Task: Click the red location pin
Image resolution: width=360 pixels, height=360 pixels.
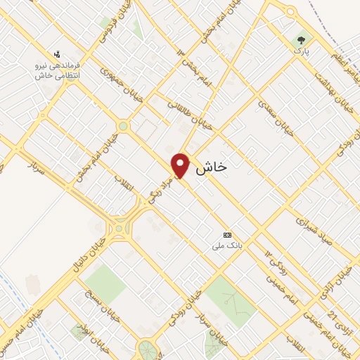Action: [181, 166]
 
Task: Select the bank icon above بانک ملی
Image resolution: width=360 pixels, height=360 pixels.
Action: [226, 235]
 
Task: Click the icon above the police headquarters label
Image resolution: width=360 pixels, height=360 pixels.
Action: [59, 53]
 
